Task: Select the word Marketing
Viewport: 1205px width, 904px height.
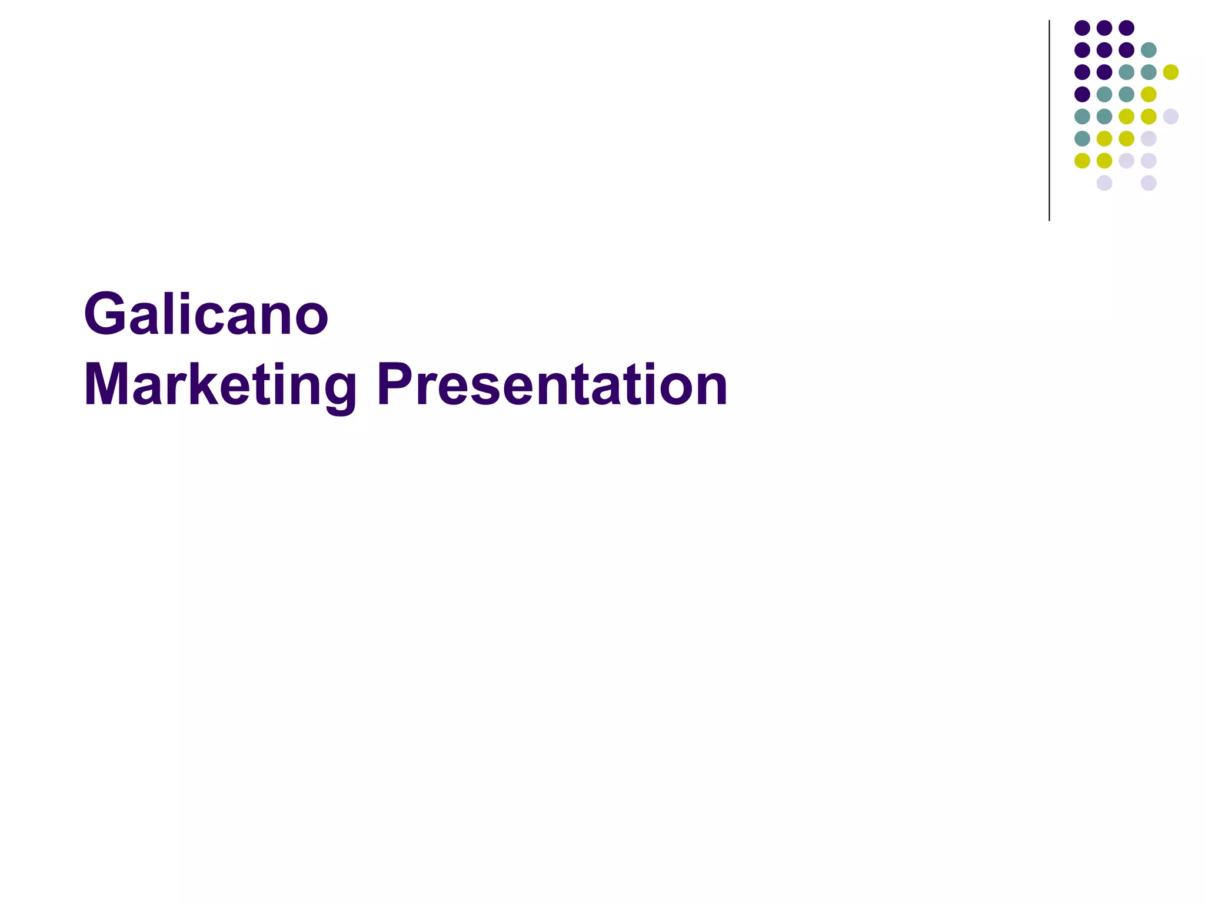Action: [x=220, y=385]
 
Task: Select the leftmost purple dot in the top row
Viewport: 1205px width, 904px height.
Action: [x=1082, y=28]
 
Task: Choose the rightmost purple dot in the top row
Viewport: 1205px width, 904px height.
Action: [x=1126, y=28]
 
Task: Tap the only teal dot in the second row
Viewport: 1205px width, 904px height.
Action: [x=1149, y=50]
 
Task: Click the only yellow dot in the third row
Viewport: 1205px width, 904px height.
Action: [x=1171, y=72]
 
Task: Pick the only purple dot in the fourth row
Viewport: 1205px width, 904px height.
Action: [x=1082, y=94]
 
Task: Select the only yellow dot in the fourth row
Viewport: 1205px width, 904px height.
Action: [x=1149, y=94]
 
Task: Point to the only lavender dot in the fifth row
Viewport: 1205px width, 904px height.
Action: [x=1171, y=117]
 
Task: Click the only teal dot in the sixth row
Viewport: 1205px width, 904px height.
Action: [x=1082, y=138]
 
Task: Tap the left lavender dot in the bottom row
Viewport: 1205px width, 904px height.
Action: [x=1104, y=183]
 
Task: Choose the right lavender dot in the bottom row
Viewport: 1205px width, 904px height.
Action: [x=1149, y=183]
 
